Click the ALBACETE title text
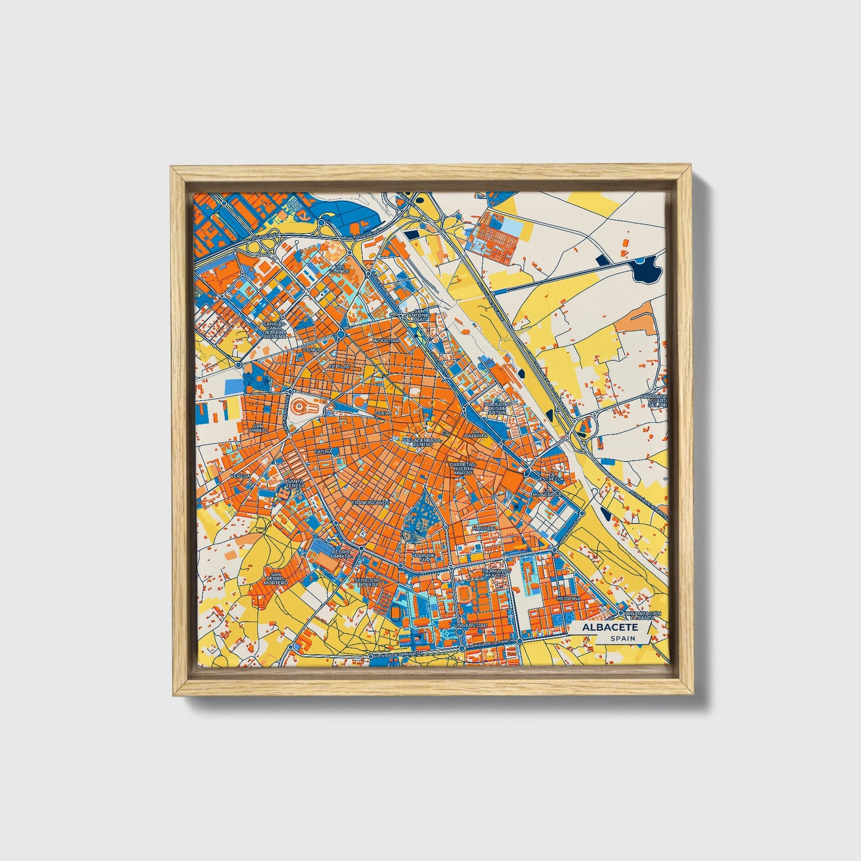pyautogui.click(x=610, y=627)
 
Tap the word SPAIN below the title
pyautogui.click(x=623, y=639)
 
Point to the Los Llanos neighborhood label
pyautogui.click(x=340, y=269)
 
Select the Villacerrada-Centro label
pyautogui.click(x=422, y=442)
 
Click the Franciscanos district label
pyautogui.click(x=370, y=502)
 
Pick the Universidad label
pyautogui.click(x=470, y=625)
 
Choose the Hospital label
pyautogui.click(x=483, y=529)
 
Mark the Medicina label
pyautogui.click(x=568, y=598)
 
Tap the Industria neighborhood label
pyautogui.click(x=386, y=341)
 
